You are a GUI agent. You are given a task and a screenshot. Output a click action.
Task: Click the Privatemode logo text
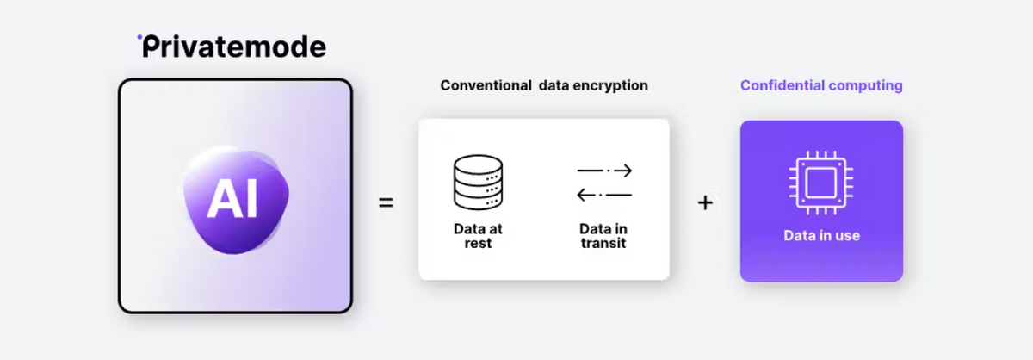[232, 47]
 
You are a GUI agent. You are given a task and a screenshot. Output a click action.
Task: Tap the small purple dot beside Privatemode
[140, 37]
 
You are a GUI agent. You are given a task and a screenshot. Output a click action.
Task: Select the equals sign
[387, 204]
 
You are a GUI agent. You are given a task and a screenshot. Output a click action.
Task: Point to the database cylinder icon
[478, 183]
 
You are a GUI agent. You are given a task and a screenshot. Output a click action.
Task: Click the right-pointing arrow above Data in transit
[604, 171]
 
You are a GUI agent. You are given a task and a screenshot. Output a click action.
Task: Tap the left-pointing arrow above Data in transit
[604, 196]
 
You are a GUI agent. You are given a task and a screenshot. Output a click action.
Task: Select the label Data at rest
[478, 236]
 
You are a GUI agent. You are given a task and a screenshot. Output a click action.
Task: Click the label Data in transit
[603, 236]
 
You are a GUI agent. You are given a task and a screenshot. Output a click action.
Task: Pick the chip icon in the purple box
[821, 182]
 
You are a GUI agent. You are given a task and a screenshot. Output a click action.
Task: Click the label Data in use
[821, 235]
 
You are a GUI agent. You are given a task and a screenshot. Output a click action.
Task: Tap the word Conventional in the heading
[485, 86]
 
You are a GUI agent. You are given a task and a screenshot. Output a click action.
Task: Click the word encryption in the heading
[612, 86]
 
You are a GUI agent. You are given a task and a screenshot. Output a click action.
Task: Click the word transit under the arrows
[603, 243]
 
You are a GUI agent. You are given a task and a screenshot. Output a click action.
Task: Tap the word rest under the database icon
[478, 243]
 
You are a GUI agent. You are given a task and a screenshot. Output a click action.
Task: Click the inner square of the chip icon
[821, 182]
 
